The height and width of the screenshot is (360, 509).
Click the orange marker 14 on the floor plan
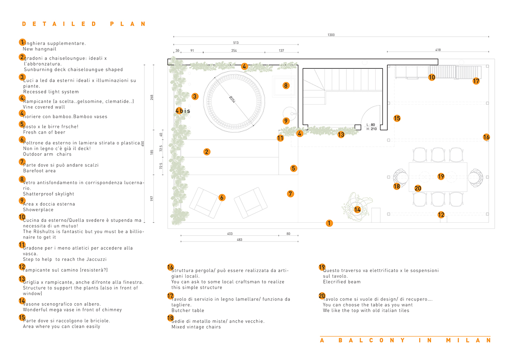(x=357, y=210)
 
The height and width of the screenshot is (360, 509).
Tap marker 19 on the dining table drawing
(x=441, y=176)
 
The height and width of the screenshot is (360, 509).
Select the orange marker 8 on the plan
(x=286, y=85)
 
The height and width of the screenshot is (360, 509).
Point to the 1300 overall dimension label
(x=331, y=35)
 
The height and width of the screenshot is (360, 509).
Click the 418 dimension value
(x=438, y=50)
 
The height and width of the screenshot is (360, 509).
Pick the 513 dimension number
(x=236, y=43)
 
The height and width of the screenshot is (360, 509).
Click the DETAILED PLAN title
(x=84, y=24)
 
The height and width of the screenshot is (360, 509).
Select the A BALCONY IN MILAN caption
(x=405, y=341)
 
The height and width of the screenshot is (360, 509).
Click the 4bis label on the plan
(x=183, y=111)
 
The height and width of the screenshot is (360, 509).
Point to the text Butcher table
(x=188, y=310)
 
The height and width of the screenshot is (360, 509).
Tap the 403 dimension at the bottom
(x=229, y=234)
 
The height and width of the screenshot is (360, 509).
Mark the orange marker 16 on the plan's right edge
(x=486, y=137)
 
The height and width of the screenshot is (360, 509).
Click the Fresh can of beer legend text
(x=44, y=132)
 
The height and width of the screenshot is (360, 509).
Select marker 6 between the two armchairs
(x=222, y=197)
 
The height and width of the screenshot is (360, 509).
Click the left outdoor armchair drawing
(x=205, y=202)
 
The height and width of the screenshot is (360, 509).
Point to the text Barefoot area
(x=39, y=171)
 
